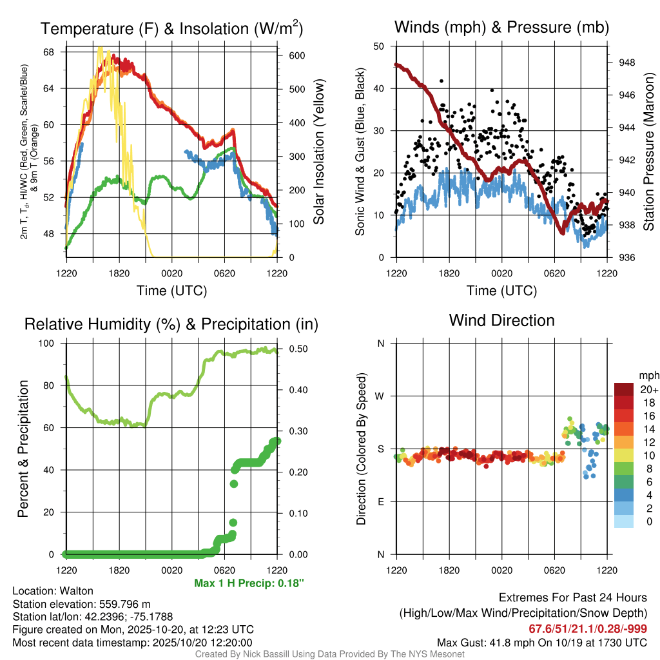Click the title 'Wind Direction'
tap(501, 320)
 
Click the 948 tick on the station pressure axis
tap(625, 63)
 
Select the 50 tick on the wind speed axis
tap(380, 46)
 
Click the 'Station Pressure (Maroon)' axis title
tap(649, 151)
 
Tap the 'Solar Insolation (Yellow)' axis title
tap(318, 151)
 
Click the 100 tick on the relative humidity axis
tap(52, 344)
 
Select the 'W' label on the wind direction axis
tap(380, 396)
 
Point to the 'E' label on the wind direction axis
tap(381, 502)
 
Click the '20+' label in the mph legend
tap(647, 389)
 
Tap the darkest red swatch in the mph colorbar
tap(624, 389)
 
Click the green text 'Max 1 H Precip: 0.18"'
tap(249, 583)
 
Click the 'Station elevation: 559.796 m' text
tap(81, 604)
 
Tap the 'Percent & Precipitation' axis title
tap(23, 449)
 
